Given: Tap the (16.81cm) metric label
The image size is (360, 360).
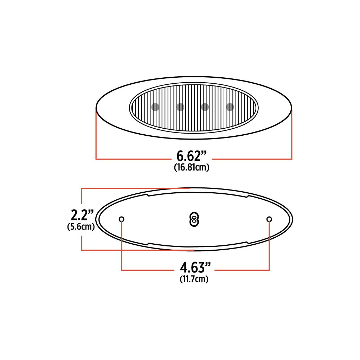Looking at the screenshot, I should tap(192, 168).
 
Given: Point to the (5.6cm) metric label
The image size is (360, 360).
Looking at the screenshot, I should tap(81, 227).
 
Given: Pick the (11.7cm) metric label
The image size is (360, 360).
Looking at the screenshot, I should tap(193, 279).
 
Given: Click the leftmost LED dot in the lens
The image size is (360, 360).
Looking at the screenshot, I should tap(155, 107).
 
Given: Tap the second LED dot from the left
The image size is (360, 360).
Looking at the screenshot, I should tap(180, 107).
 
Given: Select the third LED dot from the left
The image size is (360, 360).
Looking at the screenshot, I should tap(205, 107).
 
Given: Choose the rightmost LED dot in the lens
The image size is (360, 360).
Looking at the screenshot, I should tap(230, 107).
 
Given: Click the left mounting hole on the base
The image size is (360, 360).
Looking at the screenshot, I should tap(122, 219).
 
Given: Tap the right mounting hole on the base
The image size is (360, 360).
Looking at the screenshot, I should tap(269, 219).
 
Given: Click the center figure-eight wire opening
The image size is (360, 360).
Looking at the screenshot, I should tap(193, 219).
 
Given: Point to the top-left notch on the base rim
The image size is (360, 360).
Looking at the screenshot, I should tap(148, 195).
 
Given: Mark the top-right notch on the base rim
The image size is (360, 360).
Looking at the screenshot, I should tap(247, 196).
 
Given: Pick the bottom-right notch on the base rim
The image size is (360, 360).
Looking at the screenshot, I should tap(247, 242).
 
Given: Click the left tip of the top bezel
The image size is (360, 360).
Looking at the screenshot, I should tap(97, 107).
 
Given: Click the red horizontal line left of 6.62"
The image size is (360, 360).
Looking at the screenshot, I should tap(134, 159).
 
